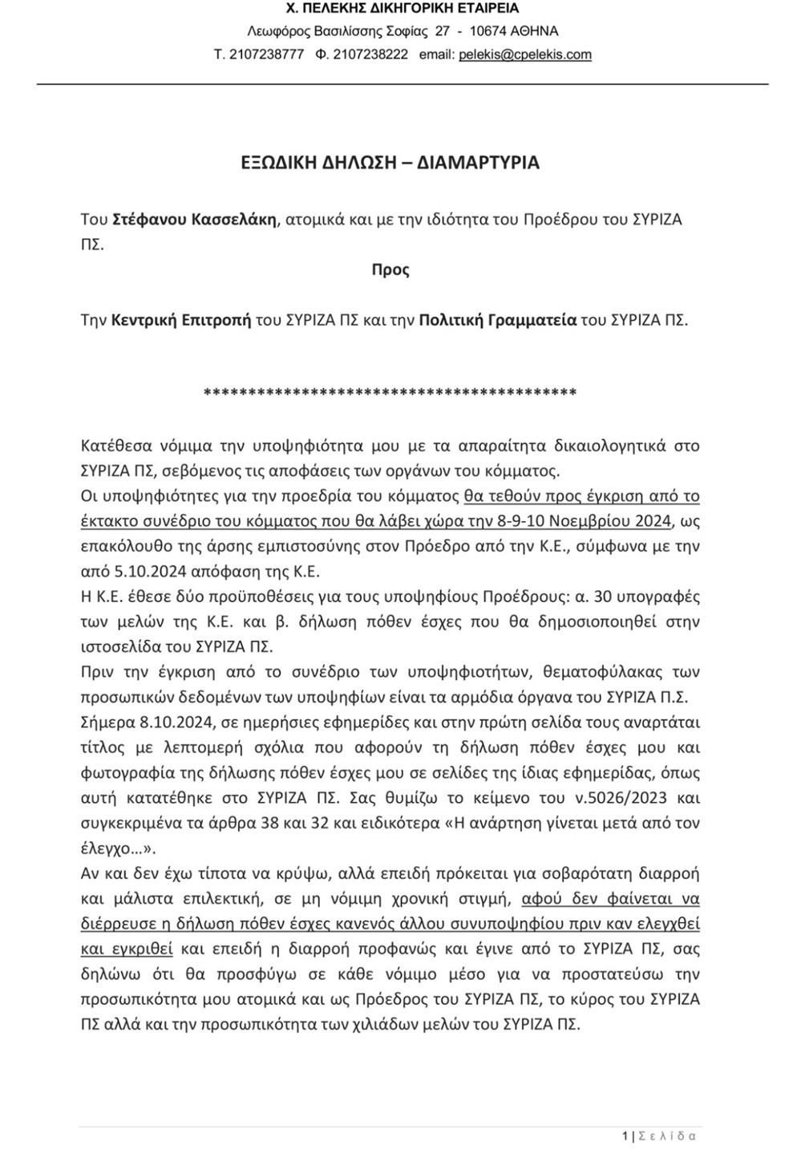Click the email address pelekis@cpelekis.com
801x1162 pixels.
point(525,55)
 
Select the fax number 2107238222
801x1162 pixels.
point(370,55)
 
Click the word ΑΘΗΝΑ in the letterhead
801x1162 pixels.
point(534,31)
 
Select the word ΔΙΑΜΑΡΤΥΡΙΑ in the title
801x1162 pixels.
point(479,163)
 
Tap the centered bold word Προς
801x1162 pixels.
point(390,269)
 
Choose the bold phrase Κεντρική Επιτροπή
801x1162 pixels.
point(181,320)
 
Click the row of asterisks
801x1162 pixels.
point(390,393)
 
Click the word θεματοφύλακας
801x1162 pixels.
point(589,671)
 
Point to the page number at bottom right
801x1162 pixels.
point(625,1136)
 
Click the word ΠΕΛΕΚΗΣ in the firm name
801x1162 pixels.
point(357,9)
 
